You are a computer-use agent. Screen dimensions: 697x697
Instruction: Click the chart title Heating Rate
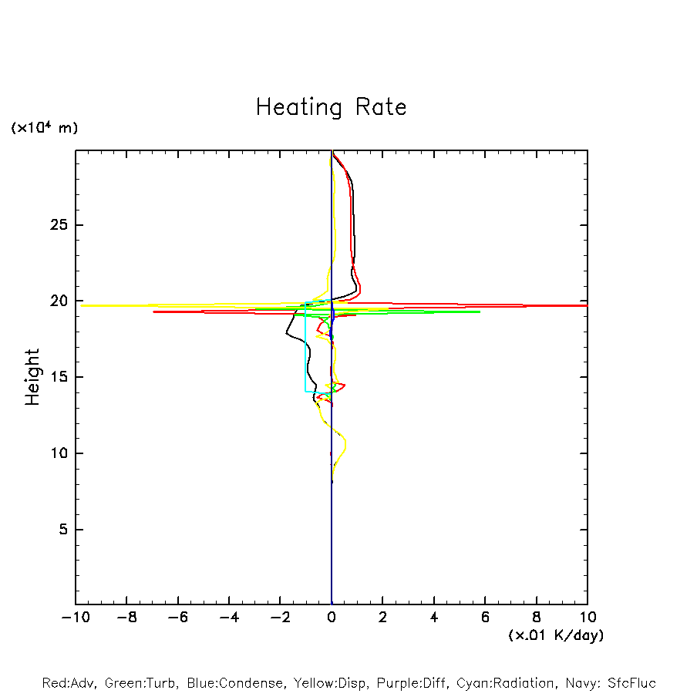tap(331, 107)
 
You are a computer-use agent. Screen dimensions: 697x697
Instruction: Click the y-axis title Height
tap(32, 377)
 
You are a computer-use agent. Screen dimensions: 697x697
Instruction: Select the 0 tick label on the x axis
tap(332, 617)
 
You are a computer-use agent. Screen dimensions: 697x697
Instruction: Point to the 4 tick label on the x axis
tap(434, 617)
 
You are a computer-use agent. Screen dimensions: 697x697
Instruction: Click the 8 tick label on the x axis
tap(537, 617)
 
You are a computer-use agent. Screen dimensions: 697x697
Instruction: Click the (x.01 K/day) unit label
tap(555, 635)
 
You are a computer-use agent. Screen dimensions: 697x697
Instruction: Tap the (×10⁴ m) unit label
tap(44, 128)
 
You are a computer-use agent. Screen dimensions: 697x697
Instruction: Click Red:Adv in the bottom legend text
tap(69, 683)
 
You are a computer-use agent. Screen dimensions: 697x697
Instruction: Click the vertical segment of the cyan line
tap(305, 347)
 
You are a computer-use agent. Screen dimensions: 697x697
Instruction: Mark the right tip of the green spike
tap(480, 311)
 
